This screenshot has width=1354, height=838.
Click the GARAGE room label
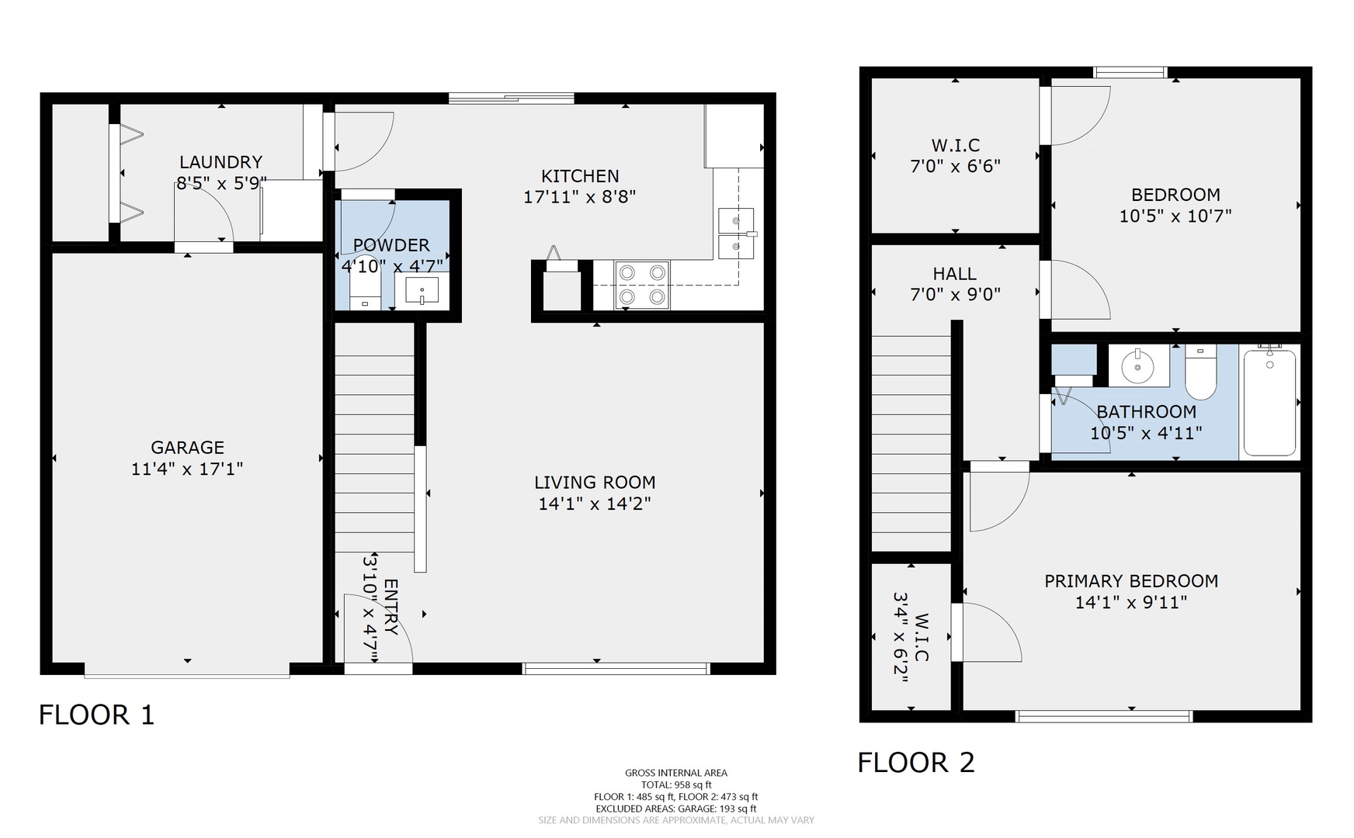187,448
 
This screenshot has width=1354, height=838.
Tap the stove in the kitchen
642,285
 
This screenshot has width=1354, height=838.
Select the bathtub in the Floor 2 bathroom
1269,403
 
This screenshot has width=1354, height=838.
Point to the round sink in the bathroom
1138,365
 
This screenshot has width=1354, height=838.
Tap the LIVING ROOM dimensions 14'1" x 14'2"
595,504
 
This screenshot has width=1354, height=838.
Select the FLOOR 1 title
97,715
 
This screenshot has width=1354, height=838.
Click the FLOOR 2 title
916,763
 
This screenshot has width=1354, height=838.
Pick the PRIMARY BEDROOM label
1131,581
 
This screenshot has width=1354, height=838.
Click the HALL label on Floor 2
955,274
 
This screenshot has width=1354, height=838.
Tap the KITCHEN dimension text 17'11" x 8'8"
580,197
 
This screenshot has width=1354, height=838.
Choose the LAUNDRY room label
220,162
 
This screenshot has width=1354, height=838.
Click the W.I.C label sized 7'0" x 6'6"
956,145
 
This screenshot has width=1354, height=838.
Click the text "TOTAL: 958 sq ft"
676,784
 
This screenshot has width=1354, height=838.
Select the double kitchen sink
736,234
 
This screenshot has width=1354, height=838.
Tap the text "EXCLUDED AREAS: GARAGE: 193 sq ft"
676,809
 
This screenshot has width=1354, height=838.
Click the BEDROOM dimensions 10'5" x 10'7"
1175,216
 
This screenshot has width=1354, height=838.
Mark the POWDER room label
391,245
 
